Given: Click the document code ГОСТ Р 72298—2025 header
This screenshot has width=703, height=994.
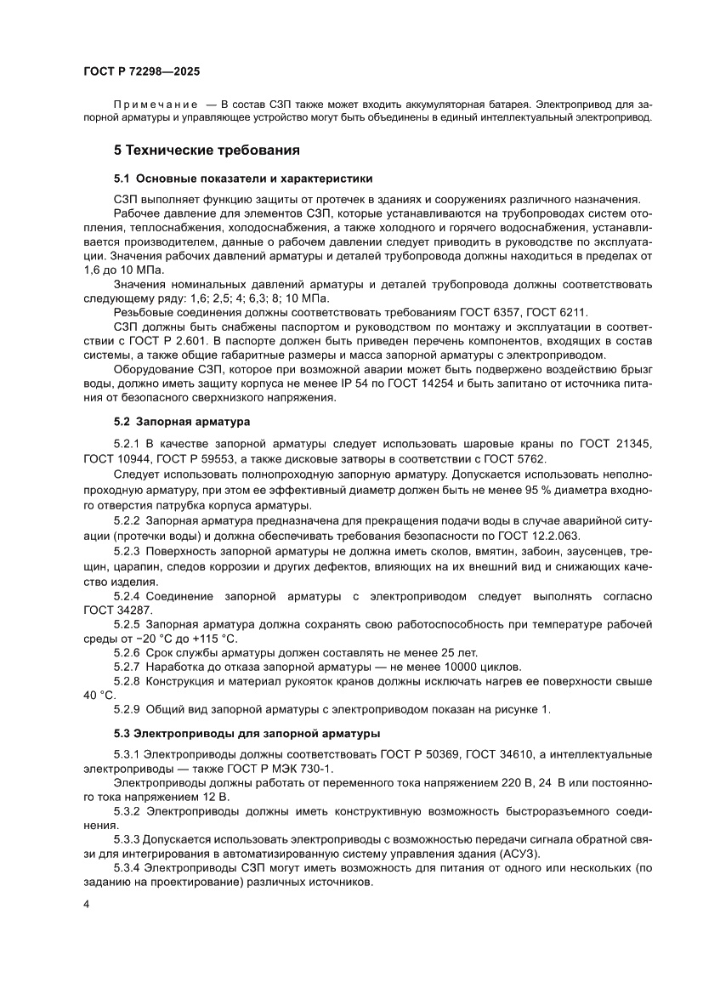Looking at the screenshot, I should [x=140, y=73].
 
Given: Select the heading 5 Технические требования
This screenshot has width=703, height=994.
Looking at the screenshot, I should [x=207, y=151].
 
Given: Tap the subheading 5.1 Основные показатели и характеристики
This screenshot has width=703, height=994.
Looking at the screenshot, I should [x=244, y=179].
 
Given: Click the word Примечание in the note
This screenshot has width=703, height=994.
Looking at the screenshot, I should [x=150, y=104].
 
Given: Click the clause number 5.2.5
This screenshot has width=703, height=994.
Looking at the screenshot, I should [x=128, y=624].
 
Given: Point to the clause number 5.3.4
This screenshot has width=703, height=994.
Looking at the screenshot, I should [x=128, y=867].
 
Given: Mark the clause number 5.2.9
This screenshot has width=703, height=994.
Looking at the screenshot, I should [x=128, y=709].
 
